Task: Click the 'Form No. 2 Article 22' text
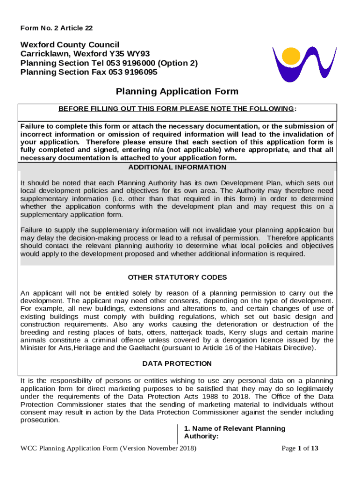click(57, 28)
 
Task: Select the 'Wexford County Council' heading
click(70, 44)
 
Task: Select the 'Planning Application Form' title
click(177, 92)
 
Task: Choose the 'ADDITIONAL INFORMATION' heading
click(177, 167)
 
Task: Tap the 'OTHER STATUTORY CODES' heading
click(177, 277)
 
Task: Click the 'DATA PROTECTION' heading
click(177, 363)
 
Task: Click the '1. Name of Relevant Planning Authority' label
click(234, 432)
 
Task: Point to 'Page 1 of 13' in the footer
click(300, 449)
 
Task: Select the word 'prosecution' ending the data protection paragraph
click(40, 420)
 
